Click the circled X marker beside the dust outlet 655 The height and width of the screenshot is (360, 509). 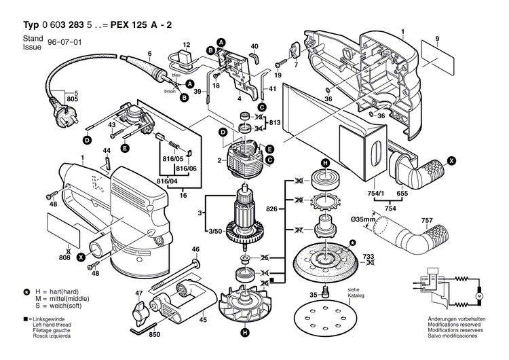coord(452,161)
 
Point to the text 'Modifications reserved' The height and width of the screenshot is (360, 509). coord(455,325)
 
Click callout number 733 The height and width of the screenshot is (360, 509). coord(368,256)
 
